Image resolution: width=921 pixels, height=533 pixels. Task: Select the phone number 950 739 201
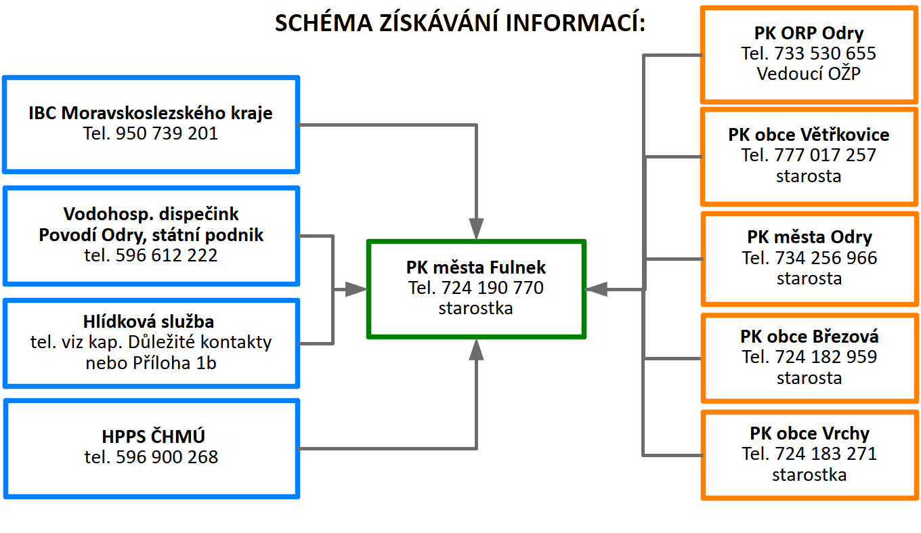[x=167, y=133]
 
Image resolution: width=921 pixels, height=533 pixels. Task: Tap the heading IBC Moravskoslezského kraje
[x=150, y=112]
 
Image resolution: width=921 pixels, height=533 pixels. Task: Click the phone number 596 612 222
[x=166, y=255]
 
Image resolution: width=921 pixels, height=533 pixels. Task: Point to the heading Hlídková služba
[x=148, y=321]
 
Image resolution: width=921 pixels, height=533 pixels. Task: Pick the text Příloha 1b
[x=174, y=363]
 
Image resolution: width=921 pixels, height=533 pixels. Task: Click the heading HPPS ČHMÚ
[x=153, y=436]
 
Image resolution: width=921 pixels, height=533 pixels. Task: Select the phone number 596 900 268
[x=167, y=457]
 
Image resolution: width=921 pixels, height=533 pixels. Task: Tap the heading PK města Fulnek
[x=475, y=268]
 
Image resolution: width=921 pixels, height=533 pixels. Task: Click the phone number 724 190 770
[x=492, y=288]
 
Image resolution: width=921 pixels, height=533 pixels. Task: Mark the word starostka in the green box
[x=475, y=308]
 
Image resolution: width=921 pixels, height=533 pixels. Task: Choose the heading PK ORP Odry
[x=809, y=33]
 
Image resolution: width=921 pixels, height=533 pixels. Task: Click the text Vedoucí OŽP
[x=809, y=74]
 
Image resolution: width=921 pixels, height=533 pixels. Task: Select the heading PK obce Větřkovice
[x=809, y=135]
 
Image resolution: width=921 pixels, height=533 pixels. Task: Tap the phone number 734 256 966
[x=826, y=258]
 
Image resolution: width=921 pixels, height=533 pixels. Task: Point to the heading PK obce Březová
[x=809, y=337]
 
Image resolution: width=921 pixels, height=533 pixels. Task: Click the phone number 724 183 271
[x=826, y=454]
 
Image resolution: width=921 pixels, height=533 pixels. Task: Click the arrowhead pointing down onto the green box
[x=476, y=228]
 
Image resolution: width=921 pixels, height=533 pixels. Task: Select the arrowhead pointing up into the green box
[x=476, y=349]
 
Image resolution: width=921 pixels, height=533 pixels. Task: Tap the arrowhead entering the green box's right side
[x=596, y=290]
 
